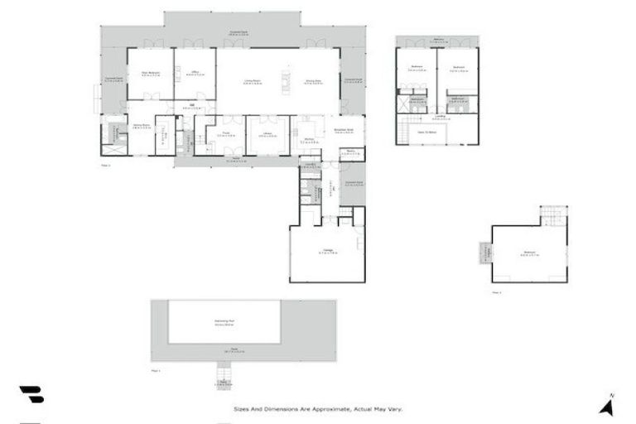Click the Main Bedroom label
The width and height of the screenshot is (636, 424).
click(149, 74)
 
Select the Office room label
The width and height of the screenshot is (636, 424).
click(195, 74)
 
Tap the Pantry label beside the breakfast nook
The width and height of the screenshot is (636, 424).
click(351, 152)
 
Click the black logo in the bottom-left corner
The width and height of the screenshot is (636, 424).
click(31, 395)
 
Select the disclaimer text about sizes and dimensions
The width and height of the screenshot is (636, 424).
click(318, 409)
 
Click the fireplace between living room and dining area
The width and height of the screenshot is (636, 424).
click(287, 81)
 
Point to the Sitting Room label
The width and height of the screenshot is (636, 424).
click(141, 126)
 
